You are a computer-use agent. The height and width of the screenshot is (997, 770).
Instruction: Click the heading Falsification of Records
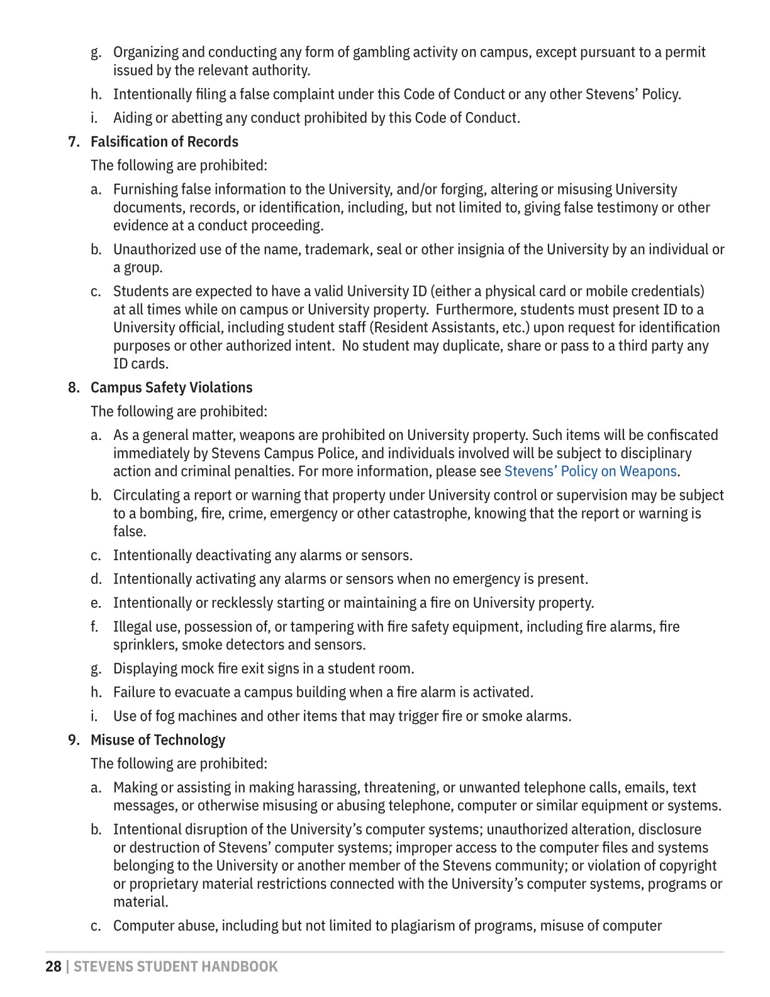164,142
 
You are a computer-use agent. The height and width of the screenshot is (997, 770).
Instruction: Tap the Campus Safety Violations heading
171,388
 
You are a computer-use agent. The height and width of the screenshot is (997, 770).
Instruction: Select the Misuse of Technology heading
158,740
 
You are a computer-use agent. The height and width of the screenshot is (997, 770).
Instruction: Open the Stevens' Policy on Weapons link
591,471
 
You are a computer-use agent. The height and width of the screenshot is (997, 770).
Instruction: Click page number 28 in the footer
53,967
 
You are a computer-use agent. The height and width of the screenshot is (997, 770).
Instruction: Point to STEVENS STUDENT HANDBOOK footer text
176,967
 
